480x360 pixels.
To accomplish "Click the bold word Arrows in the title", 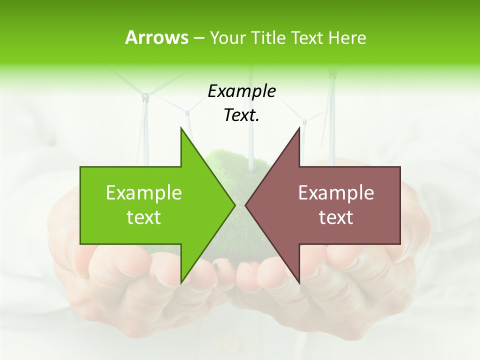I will coord(156,37).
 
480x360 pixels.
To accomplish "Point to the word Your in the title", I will coord(228,37).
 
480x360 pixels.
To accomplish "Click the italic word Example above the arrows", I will coord(241,91).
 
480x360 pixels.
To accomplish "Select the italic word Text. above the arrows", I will coord(241,115).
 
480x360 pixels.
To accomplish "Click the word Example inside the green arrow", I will coord(144,192).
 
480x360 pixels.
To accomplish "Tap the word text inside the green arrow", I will coord(144,217).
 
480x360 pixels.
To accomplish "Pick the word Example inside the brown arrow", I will coord(336,192).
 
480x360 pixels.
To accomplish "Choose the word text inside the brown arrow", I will coord(336,217).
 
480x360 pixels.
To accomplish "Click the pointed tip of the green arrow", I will coord(234,205).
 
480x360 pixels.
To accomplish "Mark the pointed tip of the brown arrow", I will coord(246,205).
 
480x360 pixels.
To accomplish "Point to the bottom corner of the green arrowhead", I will coord(181,282).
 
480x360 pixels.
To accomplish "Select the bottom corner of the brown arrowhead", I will coord(299,282).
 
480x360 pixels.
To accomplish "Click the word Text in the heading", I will coord(307,37).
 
